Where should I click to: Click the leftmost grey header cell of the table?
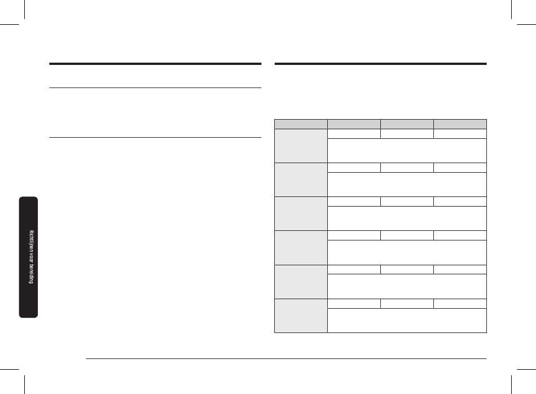tap(301, 124)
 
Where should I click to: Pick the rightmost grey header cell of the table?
tap(460, 124)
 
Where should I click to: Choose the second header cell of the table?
tap(354, 124)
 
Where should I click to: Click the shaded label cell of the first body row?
tap(301, 146)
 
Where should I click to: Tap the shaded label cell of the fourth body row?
tap(301, 247)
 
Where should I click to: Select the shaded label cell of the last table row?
tap(301, 316)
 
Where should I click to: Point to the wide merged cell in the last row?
tap(407, 320)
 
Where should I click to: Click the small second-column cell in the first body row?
tap(354, 133)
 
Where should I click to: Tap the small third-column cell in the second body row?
tap(407, 167)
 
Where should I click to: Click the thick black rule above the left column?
tap(155, 64)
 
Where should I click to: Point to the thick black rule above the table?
tap(380, 64)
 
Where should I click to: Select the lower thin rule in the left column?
tap(155, 137)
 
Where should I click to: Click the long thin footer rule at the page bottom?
tap(285, 358)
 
